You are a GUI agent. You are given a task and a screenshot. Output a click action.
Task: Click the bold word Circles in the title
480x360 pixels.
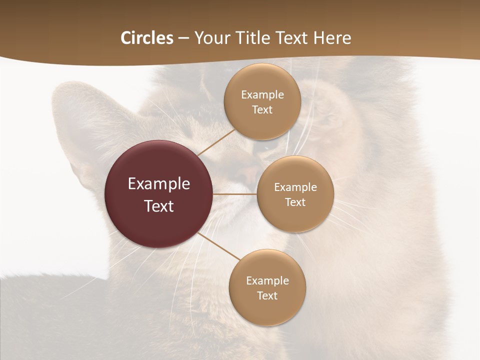pyautogui.click(x=146, y=38)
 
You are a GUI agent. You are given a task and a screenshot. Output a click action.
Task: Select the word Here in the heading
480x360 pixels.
pyautogui.click(x=332, y=38)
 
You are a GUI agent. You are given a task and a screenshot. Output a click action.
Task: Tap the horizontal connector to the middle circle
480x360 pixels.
pyautogui.click(x=235, y=194)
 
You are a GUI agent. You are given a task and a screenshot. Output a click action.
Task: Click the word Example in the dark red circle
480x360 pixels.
pyautogui.click(x=159, y=184)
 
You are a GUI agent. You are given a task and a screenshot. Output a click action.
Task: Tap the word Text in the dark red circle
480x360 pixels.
pyautogui.click(x=159, y=206)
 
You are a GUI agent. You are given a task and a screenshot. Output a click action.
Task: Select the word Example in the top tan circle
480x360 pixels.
pyautogui.click(x=262, y=95)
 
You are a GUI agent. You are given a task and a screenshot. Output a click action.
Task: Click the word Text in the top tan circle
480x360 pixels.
pyautogui.click(x=262, y=110)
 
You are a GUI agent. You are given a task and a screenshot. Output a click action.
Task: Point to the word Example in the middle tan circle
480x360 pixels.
pyautogui.click(x=295, y=187)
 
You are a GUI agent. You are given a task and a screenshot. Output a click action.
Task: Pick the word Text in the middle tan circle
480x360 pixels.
pyautogui.click(x=295, y=202)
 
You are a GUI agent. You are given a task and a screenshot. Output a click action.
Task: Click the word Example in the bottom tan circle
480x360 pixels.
pyautogui.click(x=267, y=281)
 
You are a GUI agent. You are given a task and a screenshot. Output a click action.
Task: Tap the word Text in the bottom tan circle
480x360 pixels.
pyautogui.click(x=267, y=296)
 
